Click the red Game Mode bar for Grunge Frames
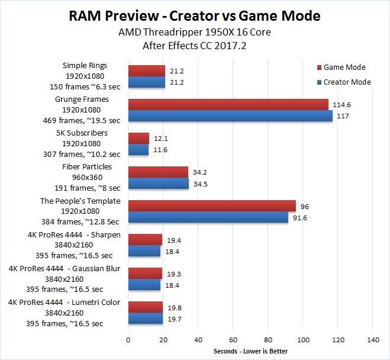click(228, 104)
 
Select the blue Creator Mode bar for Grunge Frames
click(230, 115)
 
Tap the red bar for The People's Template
click(212, 205)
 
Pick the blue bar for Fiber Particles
click(159, 183)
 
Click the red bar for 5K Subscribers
click(138, 138)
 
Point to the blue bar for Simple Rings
click(147, 82)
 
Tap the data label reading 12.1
click(157, 139)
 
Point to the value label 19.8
click(171, 307)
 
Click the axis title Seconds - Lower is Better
click(250, 352)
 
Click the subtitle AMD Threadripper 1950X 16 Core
click(195, 33)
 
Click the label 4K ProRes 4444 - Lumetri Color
click(65, 303)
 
